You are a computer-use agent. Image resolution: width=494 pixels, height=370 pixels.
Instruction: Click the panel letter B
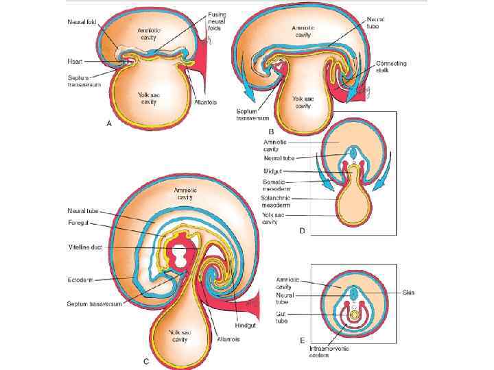272,131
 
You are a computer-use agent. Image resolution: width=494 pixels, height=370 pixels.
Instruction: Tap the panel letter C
146,360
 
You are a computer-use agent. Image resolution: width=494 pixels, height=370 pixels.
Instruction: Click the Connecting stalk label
392,67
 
